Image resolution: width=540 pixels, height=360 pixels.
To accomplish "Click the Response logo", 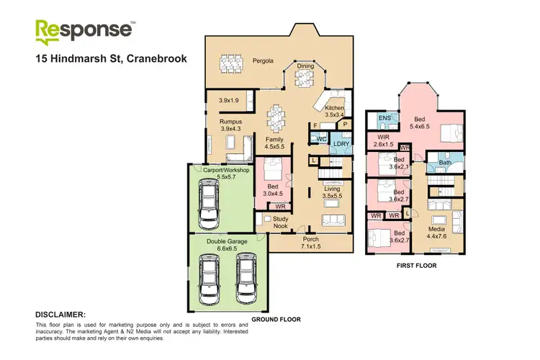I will click(85, 31).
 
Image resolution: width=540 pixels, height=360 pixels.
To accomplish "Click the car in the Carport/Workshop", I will click(210, 202).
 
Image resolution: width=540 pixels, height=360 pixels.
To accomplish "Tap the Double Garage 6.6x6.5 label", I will click(227, 246).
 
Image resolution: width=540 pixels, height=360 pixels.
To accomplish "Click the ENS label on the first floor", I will click(384, 118).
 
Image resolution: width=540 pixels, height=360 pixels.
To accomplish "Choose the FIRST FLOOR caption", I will click(415, 266).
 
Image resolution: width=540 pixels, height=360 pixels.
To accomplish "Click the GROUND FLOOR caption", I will click(276, 319).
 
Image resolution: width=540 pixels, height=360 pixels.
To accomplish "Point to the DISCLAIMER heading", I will click(60, 315).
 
